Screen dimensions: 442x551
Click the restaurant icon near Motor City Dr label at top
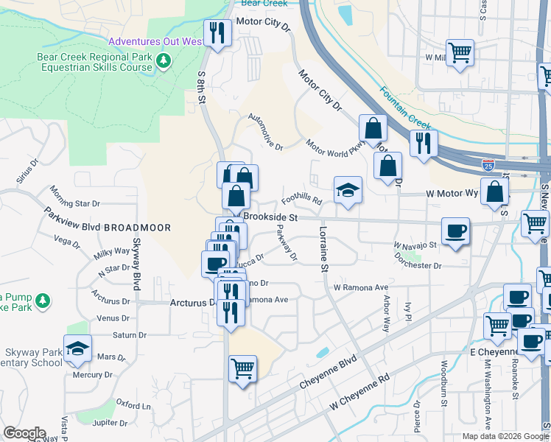[217, 32]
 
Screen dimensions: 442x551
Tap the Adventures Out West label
[155, 41]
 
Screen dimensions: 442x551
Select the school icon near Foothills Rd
[348, 189]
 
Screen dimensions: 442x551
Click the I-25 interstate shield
[488, 163]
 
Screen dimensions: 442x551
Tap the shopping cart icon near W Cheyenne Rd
[242, 368]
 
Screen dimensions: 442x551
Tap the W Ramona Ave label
[360, 287]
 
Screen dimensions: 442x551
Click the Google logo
[24, 433]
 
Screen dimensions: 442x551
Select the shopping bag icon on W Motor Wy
[496, 192]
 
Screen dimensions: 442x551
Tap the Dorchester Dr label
[417, 264]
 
